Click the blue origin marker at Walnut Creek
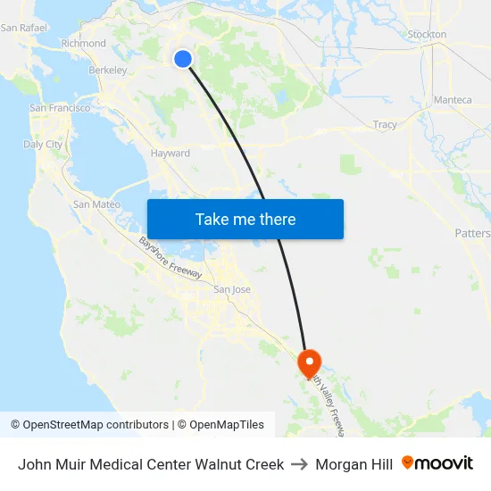[183, 59]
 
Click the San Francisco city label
[60, 108]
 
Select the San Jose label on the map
[230, 290]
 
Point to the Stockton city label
[427, 35]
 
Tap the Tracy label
[386, 125]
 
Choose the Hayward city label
[170, 154]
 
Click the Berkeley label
[107, 70]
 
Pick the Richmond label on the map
[83, 43]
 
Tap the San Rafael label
[23, 28]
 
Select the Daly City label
[43, 144]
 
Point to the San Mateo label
[96, 204]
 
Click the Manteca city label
[453, 100]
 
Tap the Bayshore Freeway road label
[169, 257]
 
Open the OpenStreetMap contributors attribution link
[96, 425]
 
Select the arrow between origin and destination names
[299, 464]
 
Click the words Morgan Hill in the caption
[354, 464]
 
